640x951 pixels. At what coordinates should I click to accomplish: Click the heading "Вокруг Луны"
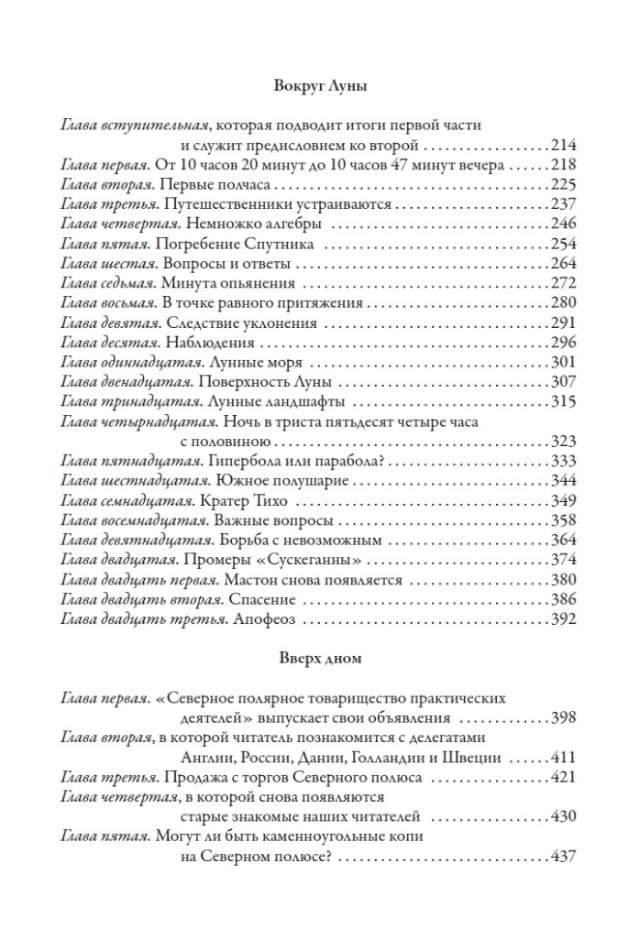click(320, 88)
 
